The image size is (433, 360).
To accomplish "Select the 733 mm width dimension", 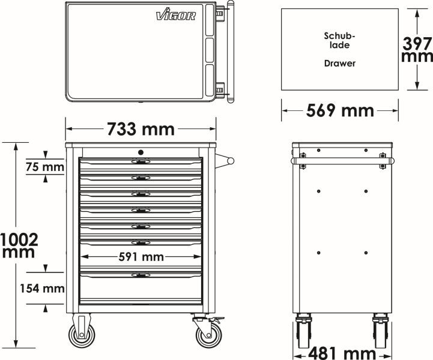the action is point(141,129).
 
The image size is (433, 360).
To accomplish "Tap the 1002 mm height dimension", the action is point(19,245).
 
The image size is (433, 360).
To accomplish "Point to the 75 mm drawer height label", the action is point(45,167).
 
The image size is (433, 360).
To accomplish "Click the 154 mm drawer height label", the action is point(42,289).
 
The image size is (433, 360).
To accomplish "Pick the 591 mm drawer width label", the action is point(141,257).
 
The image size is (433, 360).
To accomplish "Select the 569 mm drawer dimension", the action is point(340,110).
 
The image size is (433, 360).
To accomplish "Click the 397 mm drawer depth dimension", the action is point(417,49).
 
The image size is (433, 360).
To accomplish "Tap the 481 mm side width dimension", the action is point(342,353).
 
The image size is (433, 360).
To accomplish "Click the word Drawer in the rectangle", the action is point(340,64).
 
